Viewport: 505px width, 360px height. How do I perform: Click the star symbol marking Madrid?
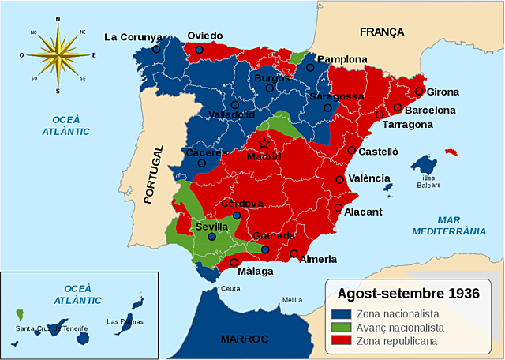[264, 143]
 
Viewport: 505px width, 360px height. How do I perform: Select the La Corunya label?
[133, 36]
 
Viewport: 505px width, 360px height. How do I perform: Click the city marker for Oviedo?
[200, 50]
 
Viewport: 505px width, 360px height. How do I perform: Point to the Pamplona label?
[342, 59]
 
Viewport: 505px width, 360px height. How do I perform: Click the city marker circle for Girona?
[419, 91]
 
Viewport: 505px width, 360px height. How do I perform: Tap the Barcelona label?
[430, 110]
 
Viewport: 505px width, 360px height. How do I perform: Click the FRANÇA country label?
[382, 32]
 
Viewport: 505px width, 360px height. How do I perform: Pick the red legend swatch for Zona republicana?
[340, 341]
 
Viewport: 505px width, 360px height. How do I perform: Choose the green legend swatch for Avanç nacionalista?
[340, 327]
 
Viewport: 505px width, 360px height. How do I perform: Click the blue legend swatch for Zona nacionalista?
[340, 313]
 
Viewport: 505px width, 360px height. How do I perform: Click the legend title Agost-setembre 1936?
[408, 294]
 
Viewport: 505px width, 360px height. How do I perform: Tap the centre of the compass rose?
[58, 55]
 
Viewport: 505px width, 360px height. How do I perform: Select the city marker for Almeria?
[294, 254]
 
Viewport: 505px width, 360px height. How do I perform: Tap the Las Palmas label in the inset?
[124, 321]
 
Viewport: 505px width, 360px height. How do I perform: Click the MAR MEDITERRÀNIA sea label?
[449, 225]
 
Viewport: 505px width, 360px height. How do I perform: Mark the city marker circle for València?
[340, 180]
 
